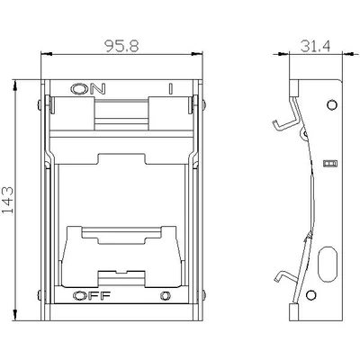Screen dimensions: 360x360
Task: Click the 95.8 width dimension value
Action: [121, 46]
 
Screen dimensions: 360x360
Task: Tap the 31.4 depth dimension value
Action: [315, 46]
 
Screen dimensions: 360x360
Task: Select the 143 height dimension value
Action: [8, 200]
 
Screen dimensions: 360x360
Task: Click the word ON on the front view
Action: [88, 88]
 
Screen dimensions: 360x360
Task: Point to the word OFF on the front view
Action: [92, 296]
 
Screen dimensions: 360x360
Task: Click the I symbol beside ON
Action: [170, 89]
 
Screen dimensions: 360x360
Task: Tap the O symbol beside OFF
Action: [166, 296]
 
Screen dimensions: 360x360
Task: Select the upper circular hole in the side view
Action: [332, 104]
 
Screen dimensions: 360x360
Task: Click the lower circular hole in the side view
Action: [310, 294]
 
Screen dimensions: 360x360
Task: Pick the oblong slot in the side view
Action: [327, 264]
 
